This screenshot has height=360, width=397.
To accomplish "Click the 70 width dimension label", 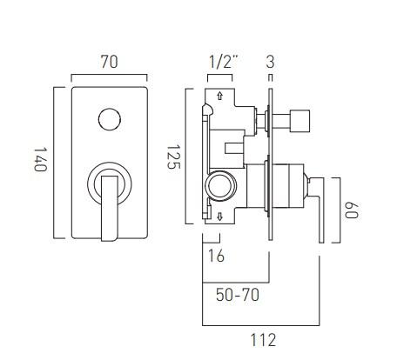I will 110,63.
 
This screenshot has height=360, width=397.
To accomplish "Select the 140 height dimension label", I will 39,161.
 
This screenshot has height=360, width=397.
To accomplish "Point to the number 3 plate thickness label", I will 271,62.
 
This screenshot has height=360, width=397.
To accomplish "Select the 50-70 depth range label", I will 237,295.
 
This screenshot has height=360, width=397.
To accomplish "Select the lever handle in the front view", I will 109,206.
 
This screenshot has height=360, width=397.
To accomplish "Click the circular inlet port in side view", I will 221,186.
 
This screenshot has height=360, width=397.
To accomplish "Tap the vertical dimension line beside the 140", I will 57,162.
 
